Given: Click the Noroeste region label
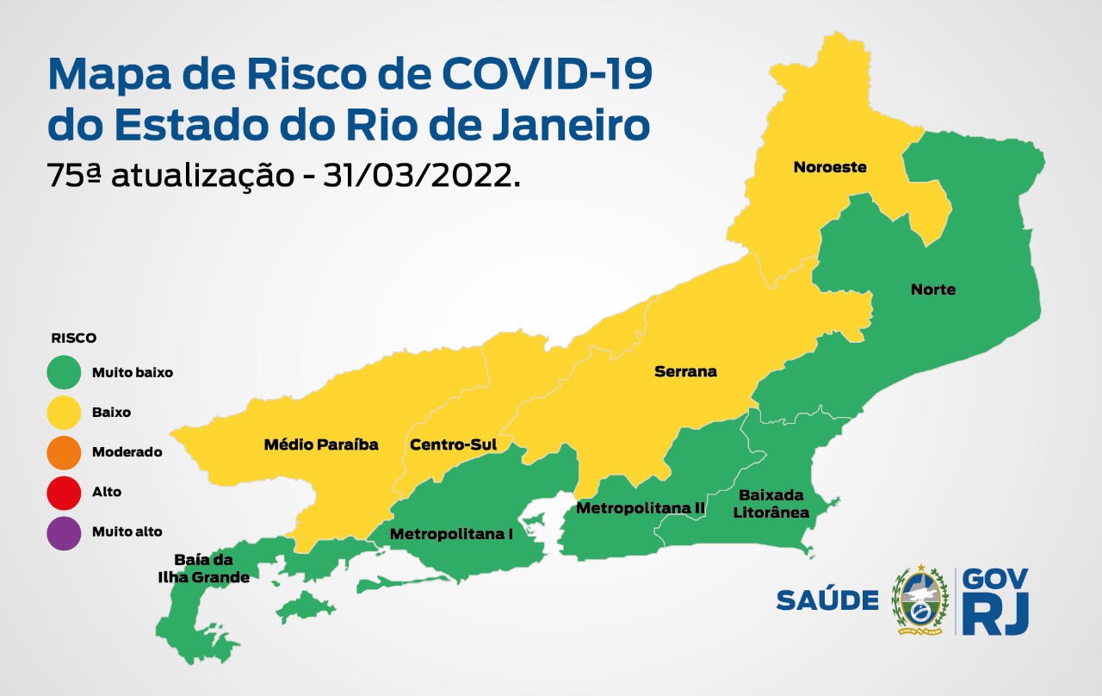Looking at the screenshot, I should click(x=829, y=167).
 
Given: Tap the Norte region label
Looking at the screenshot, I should click(x=933, y=289).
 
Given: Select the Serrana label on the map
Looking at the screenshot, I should click(x=685, y=372).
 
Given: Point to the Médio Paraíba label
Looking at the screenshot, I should click(x=320, y=445).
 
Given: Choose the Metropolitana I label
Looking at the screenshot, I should click(x=451, y=534).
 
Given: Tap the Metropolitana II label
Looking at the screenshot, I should click(x=641, y=508).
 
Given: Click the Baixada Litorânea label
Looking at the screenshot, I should click(x=773, y=504).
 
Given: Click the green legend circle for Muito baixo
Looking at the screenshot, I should click(x=65, y=373).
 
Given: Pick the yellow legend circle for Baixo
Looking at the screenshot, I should click(x=65, y=413).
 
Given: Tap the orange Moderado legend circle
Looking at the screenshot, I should click(x=65, y=452).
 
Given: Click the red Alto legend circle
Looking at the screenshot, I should click(x=65, y=492).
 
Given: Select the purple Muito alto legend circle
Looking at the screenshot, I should click(x=65, y=531).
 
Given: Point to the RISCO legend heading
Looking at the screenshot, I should click(x=73, y=339).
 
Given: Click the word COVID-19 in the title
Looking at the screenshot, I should click(x=547, y=76).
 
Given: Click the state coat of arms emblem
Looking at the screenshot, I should click(x=919, y=600).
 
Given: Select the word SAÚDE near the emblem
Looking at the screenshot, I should click(x=826, y=600).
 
